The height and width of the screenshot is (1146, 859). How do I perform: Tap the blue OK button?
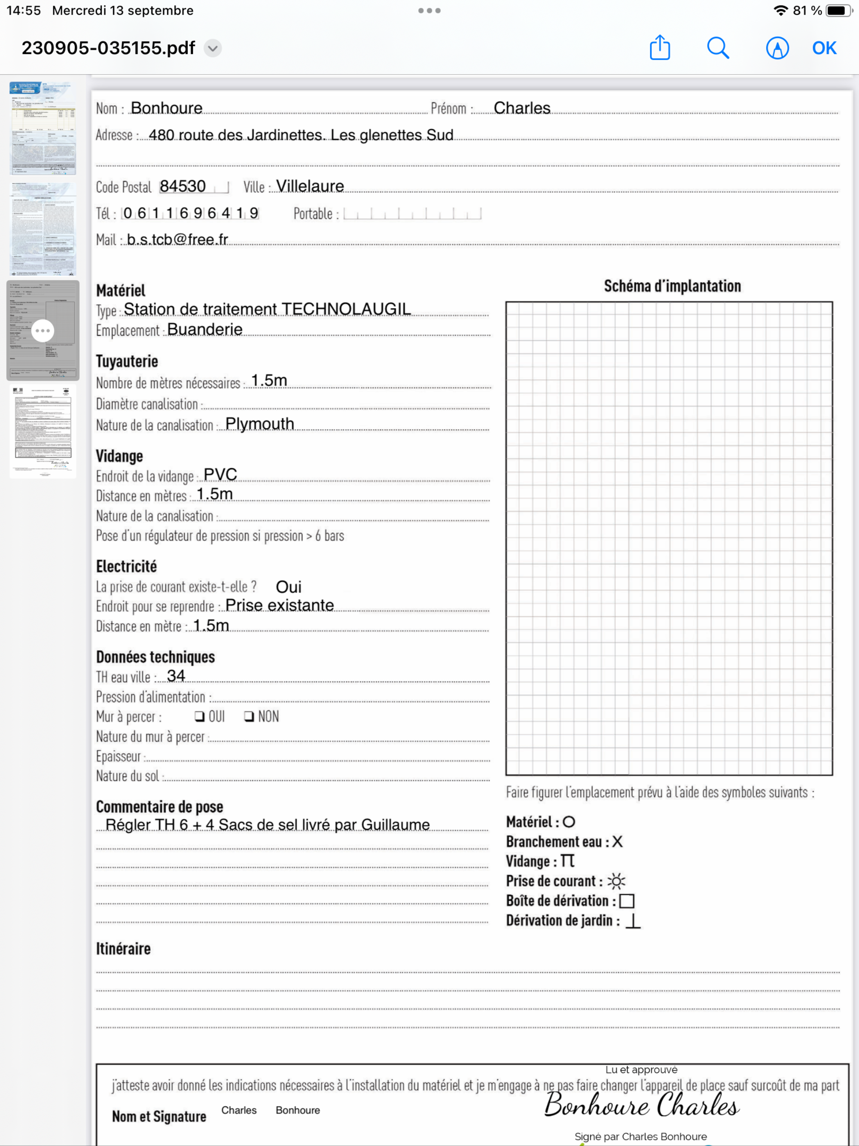point(824,48)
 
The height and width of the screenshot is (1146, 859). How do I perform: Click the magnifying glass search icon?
point(718,48)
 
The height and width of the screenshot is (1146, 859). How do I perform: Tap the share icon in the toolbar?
point(660,48)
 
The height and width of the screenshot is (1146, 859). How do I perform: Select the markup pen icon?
point(777,48)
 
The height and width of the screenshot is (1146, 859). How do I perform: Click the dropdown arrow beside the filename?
point(212,48)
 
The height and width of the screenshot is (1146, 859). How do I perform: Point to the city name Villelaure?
point(310,186)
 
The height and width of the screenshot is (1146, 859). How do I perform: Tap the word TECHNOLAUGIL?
point(346,309)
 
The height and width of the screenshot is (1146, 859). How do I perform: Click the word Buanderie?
point(204,330)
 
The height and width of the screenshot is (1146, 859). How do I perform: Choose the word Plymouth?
point(259,424)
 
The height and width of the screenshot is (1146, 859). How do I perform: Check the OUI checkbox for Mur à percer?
point(199,716)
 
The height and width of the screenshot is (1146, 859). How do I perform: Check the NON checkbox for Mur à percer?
point(249,716)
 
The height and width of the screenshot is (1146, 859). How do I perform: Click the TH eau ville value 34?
point(176,676)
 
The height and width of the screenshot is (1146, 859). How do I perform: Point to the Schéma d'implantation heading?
point(672,286)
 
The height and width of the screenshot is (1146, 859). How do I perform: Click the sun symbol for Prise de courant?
point(616,881)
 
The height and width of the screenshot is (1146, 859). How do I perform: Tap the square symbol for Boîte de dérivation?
point(627,901)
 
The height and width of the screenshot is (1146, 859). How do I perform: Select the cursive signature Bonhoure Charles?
point(642,1105)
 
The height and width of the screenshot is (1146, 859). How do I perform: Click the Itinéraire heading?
point(123,949)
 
